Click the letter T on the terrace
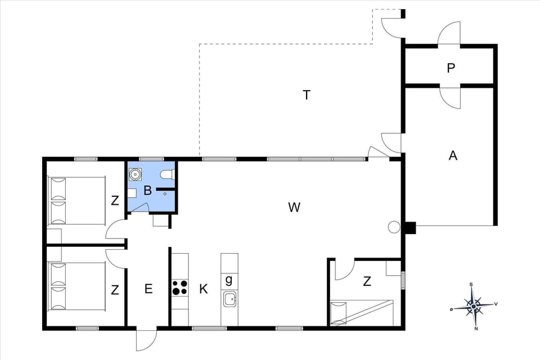tap(307, 95)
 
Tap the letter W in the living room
tap(294, 208)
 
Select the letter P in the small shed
tap(451, 68)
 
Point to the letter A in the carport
tap(453, 156)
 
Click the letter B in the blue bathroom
tap(147, 191)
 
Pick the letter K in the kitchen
tap(204, 289)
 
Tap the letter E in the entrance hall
tap(148, 289)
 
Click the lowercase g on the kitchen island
tap(229, 280)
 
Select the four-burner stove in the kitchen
tap(180, 287)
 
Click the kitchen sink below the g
tap(229, 299)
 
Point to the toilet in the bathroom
tap(168, 174)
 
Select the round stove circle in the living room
tap(394, 227)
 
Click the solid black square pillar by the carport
tap(409, 228)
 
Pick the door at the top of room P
tap(450, 34)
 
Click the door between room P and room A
tap(451, 97)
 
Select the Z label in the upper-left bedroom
tap(115, 200)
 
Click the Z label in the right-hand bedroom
tap(367, 282)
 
